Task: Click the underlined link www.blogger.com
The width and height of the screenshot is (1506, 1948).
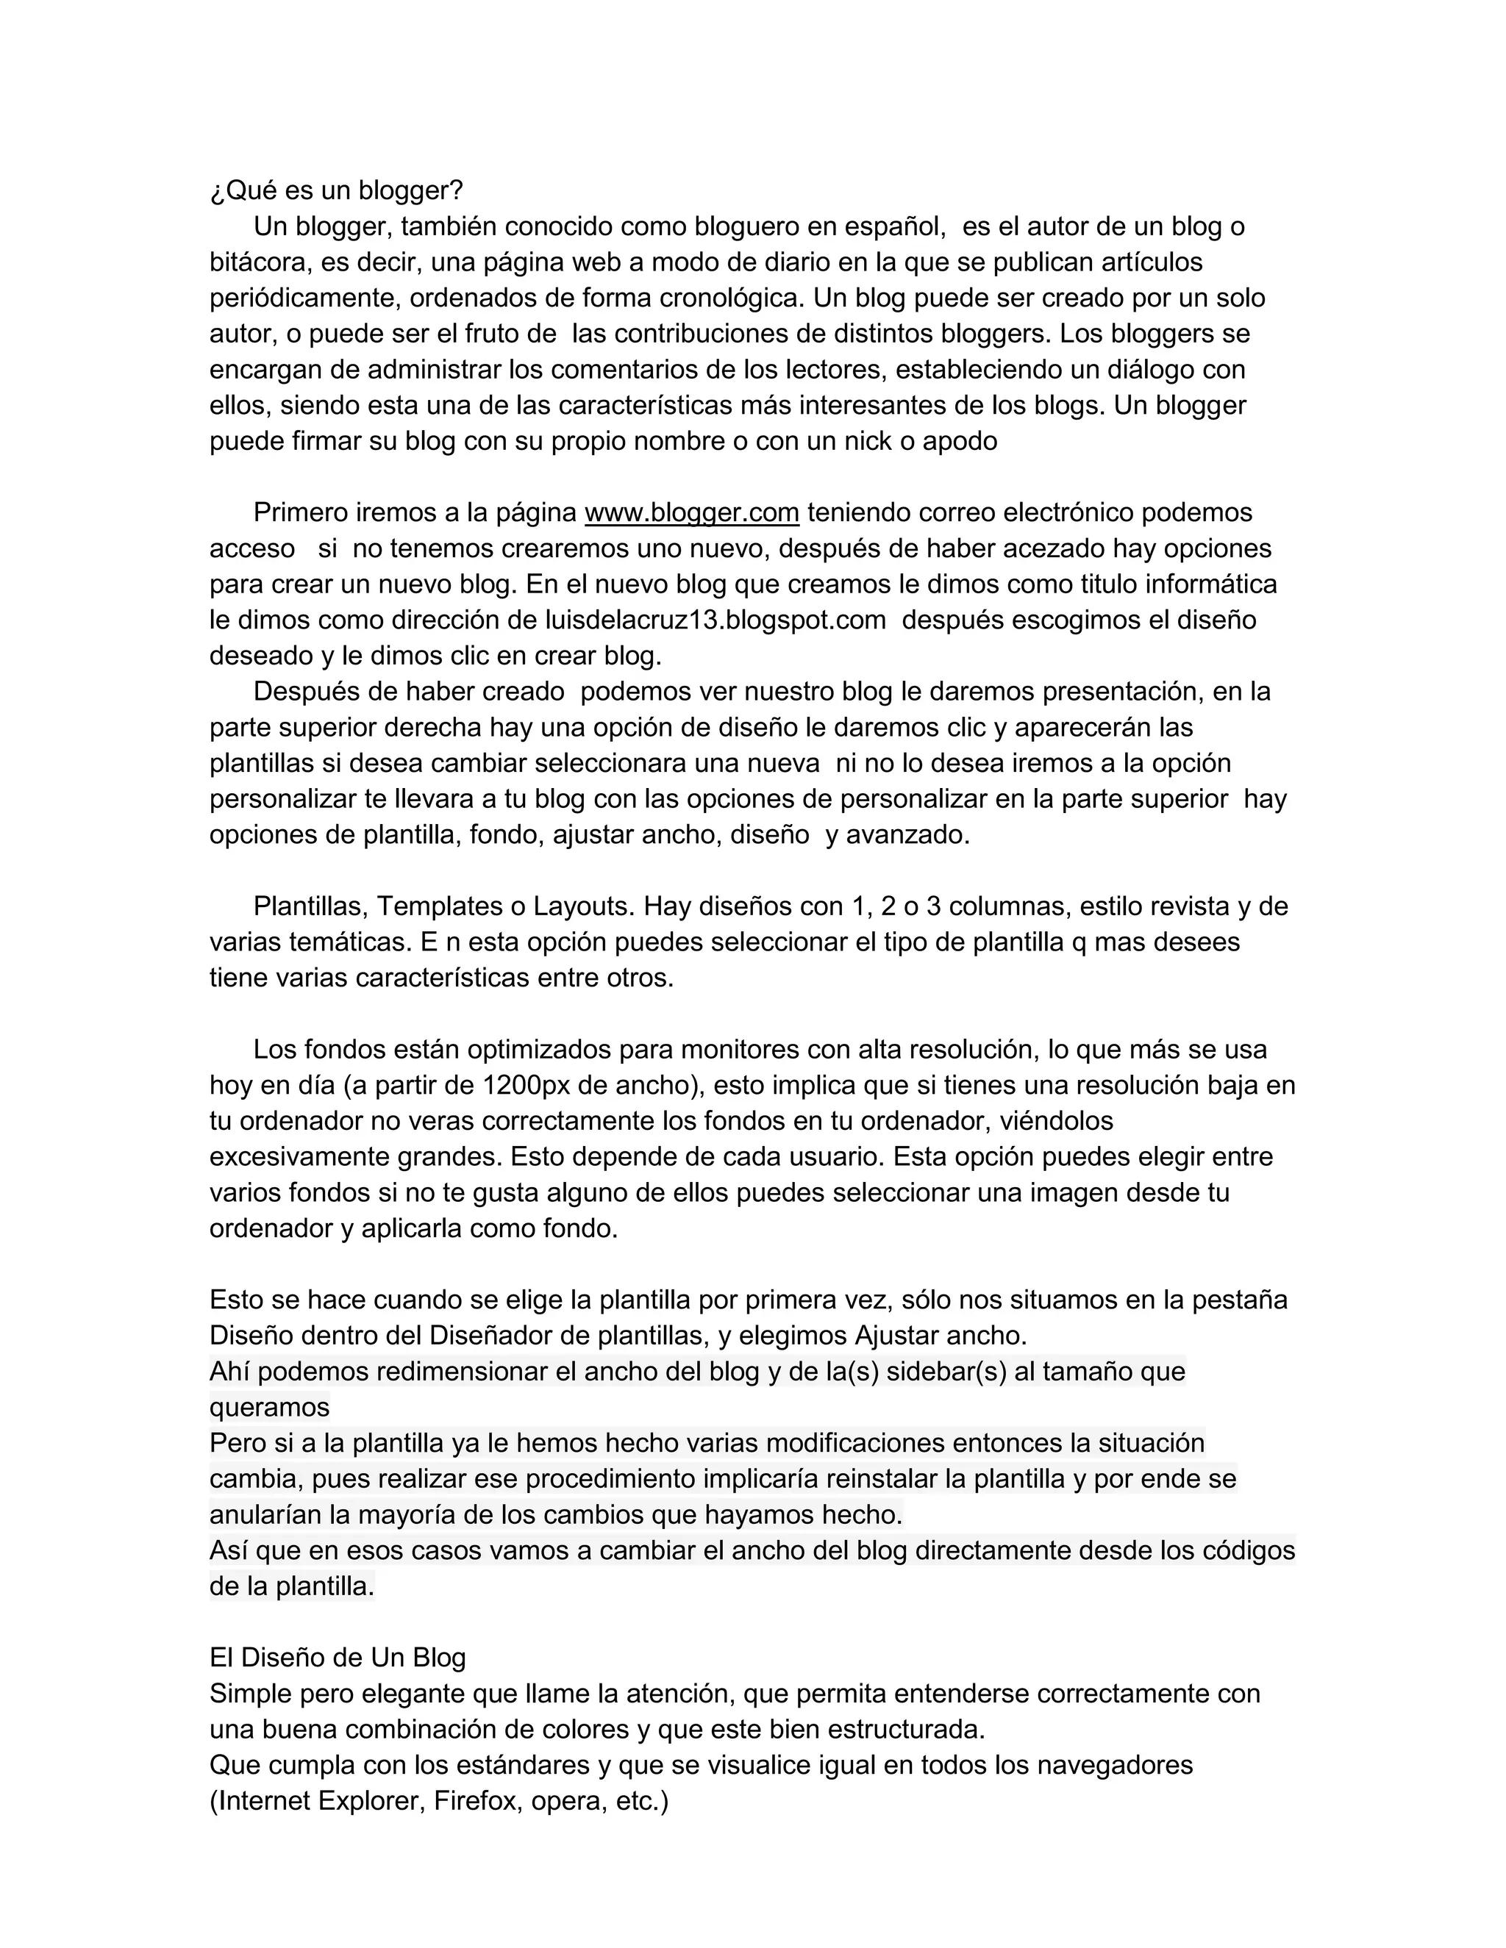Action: coord(691,513)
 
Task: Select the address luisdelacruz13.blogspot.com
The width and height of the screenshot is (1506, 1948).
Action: coord(715,620)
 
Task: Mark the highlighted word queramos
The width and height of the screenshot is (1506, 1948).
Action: coord(269,1408)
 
